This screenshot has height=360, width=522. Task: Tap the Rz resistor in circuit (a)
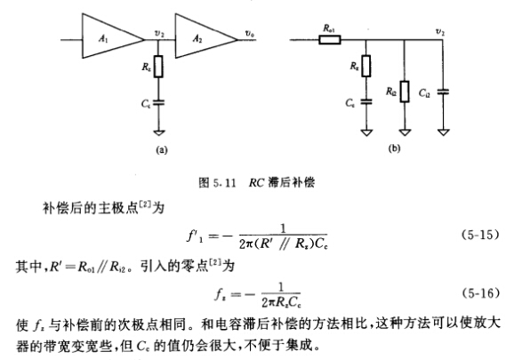point(158,67)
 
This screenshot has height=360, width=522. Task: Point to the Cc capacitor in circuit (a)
point(158,103)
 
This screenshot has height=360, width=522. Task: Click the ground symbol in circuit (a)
point(159,132)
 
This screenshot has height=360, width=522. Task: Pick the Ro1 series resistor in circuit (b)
point(330,40)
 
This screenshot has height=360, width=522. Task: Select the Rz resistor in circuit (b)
point(366,66)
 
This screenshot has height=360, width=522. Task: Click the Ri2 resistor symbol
point(405,92)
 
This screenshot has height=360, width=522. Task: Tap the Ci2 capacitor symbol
point(443,92)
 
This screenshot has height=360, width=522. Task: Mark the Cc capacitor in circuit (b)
point(366,101)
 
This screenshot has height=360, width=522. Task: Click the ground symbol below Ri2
point(405,132)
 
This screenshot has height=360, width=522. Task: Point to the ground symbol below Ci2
point(443,132)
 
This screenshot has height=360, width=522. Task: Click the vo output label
point(250,34)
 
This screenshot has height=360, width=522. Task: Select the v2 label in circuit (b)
point(440,32)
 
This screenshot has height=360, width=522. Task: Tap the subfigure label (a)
point(162,150)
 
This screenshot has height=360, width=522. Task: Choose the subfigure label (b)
point(393,148)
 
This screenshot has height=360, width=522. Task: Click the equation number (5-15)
point(480,235)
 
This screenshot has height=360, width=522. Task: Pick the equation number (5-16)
point(480,293)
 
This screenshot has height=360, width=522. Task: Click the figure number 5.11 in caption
point(225,182)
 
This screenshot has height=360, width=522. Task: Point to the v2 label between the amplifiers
point(159,33)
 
